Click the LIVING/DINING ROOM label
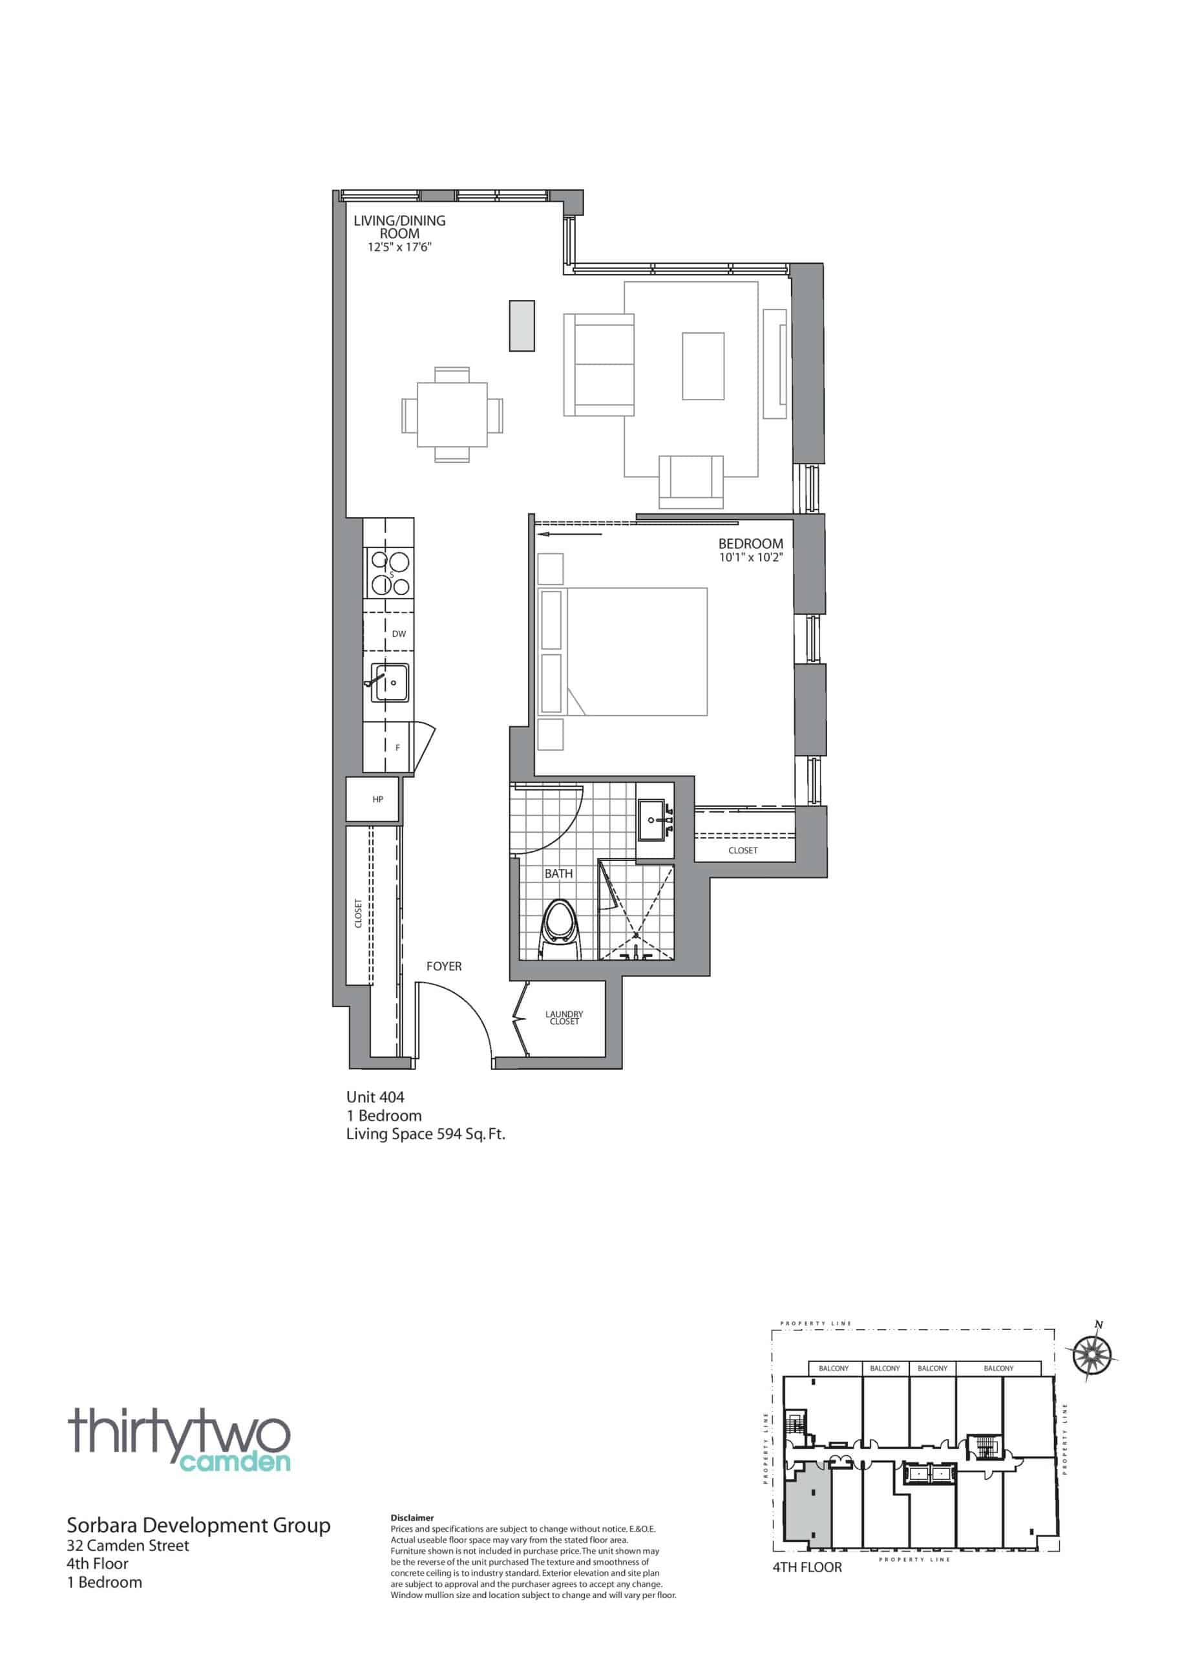click(x=399, y=227)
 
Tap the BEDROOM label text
click(x=750, y=544)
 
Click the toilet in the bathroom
click(x=560, y=930)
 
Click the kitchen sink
click(x=390, y=682)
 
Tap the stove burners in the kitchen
click(x=390, y=572)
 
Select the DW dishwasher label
click(x=398, y=634)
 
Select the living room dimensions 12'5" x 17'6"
click(x=401, y=248)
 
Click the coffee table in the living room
click(x=703, y=367)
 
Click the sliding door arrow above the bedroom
click(x=569, y=534)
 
